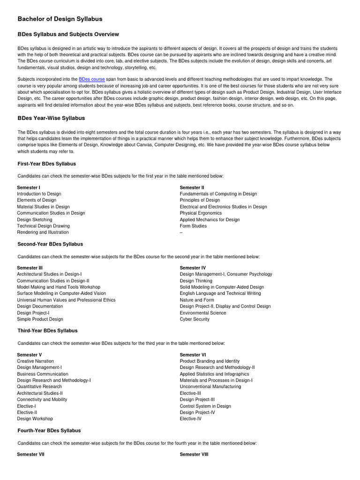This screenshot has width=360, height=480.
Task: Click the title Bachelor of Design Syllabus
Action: coord(60,19)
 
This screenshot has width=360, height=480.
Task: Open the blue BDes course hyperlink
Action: coord(91,80)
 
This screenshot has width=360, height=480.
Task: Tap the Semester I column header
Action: coord(29,187)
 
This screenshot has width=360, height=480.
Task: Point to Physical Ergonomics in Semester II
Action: coord(201,213)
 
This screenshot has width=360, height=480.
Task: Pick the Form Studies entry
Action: coord(193,226)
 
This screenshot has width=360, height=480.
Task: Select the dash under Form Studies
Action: coord(181,232)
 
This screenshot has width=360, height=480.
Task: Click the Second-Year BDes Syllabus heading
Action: coord(50,244)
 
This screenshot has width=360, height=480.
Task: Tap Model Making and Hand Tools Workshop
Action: coord(59,287)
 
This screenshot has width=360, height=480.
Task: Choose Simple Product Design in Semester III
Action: coord(40,319)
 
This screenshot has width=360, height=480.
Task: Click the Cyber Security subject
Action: coord(195,319)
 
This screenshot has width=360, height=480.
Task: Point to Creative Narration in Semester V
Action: coord(35,361)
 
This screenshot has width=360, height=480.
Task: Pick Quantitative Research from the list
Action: coord(39,387)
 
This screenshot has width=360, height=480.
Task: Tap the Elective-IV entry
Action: coord(190,419)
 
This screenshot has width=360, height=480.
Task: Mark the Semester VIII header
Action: coord(194,454)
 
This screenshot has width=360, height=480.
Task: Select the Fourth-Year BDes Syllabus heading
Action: coord(49,430)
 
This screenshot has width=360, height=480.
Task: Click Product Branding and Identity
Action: coord(210,361)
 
